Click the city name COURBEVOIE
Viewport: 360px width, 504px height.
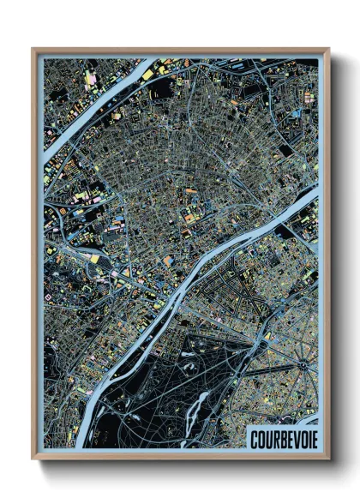click(280, 437)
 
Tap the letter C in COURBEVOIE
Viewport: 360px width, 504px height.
click(253, 437)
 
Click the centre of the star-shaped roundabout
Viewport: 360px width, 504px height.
click(302, 364)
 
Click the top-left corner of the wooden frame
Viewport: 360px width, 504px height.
click(33, 50)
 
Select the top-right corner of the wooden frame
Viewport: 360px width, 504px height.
click(328, 50)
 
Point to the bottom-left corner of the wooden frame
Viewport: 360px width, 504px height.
click(33, 459)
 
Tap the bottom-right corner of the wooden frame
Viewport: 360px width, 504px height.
click(328, 459)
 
